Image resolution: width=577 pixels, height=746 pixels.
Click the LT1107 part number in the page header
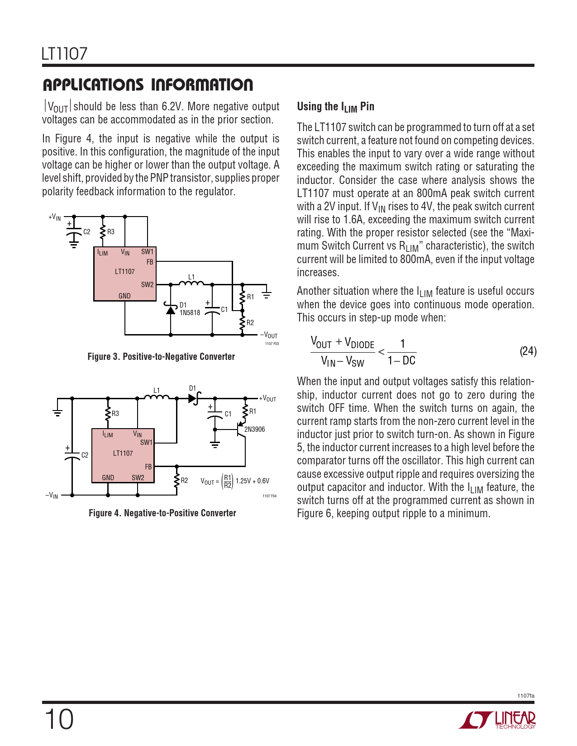(x=64, y=54)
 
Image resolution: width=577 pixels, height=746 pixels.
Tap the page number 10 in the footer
(x=59, y=719)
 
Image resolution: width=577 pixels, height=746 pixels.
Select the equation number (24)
(x=528, y=351)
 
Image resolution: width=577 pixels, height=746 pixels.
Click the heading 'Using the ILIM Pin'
(x=335, y=107)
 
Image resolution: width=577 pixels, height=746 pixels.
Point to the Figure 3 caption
(x=161, y=357)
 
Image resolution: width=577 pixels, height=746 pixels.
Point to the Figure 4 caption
(x=162, y=513)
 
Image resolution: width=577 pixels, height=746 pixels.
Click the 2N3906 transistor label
(x=254, y=429)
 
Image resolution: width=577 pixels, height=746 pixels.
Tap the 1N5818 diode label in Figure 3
(x=190, y=312)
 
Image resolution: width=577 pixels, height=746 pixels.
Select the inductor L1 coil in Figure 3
(x=191, y=284)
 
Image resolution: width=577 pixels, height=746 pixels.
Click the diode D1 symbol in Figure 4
(x=193, y=398)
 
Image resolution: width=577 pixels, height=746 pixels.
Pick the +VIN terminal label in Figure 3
(x=55, y=217)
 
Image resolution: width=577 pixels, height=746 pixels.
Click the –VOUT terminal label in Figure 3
(x=269, y=335)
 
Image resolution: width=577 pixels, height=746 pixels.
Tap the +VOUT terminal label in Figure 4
(x=267, y=399)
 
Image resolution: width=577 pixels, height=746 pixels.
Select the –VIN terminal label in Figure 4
(x=52, y=495)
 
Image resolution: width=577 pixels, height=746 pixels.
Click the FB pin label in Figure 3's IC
(x=150, y=262)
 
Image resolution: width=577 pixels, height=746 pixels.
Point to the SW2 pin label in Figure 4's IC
(x=138, y=477)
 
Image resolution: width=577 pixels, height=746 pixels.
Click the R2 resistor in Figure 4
(x=176, y=481)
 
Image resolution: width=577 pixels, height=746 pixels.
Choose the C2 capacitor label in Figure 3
(x=86, y=232)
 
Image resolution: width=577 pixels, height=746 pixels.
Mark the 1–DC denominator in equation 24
(x=401, y=360)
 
